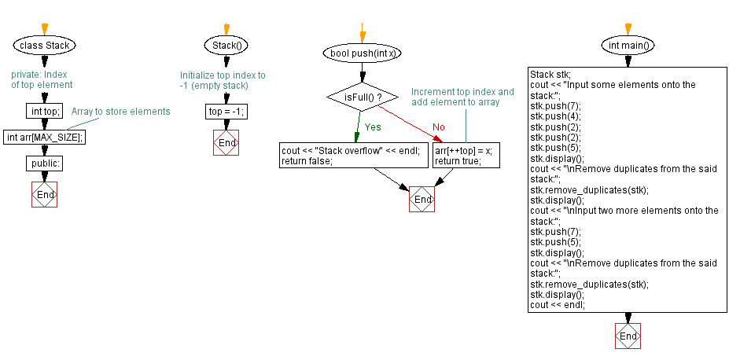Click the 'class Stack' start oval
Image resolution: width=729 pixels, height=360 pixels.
44,45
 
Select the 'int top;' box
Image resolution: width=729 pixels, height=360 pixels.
44,112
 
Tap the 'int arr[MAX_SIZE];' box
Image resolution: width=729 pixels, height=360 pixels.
45,137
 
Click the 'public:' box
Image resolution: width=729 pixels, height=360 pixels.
45,163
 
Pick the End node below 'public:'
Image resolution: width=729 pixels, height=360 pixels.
45,194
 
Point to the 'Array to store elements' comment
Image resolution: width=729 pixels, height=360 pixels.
120,112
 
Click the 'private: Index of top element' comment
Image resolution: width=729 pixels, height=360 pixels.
42,79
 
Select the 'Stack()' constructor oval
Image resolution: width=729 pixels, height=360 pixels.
226,45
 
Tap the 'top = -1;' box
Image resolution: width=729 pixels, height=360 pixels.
226,112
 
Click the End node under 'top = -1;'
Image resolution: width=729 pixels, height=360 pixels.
226,143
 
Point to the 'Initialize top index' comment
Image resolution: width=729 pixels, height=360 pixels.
223,81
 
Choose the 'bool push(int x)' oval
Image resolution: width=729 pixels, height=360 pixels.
363,53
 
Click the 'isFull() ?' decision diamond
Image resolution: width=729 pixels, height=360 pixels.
363,97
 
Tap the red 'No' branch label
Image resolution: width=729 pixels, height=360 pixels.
439,127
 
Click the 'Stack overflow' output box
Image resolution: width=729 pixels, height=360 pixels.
354,156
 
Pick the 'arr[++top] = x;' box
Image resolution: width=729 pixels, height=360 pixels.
466,156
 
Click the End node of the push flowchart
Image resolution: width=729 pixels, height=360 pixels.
422,200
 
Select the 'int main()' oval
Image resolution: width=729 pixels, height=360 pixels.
628,45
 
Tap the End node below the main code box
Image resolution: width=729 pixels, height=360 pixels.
628,336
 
